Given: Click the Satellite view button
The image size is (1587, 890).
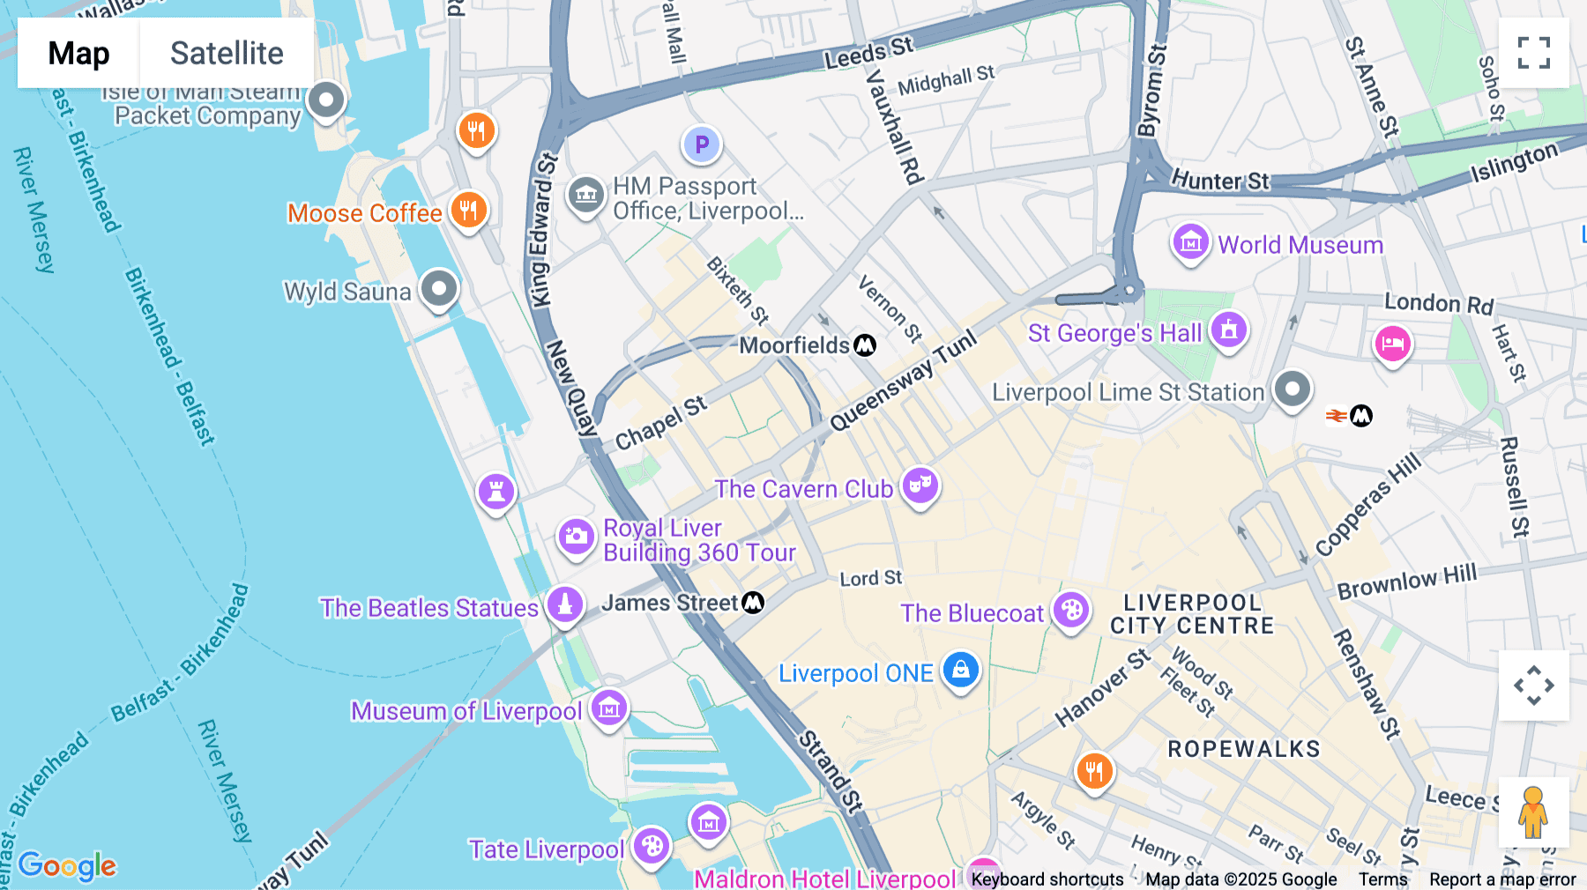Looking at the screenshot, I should (227, 53).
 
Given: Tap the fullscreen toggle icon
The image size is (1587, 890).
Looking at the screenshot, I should (1533, 53).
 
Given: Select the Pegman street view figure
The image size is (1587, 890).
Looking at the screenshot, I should (1533, 812).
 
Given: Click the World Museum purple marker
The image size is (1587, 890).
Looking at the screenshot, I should (1190, 241).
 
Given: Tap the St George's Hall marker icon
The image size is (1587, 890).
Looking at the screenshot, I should (1228, 330).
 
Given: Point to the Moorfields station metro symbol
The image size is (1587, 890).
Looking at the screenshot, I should (865, 345).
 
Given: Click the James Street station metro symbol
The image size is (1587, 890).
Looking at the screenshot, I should (753, 603).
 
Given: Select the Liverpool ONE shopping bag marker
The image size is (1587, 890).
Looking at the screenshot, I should (960, 671).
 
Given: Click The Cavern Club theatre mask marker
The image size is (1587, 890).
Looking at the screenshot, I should (920, 485).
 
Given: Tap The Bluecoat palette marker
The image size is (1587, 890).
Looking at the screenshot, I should (1071, 610).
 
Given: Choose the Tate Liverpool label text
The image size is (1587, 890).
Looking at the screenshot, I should (547, 849).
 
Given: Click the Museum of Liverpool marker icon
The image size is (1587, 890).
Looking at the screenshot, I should (608, 708).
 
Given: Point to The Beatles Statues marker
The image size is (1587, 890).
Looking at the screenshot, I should (564, 604).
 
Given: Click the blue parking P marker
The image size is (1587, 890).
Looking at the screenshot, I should (702, 145).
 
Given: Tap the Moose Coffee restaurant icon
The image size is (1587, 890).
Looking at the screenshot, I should (469, 211).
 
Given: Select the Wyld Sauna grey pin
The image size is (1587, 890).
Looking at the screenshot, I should (438, 288).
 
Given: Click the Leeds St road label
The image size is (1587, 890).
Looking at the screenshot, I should (868, 53).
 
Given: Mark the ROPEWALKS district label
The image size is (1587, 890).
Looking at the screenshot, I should (1243, 749).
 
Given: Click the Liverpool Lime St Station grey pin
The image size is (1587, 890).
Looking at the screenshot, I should (1292, 389).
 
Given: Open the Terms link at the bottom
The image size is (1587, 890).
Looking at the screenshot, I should (1382, 879).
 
